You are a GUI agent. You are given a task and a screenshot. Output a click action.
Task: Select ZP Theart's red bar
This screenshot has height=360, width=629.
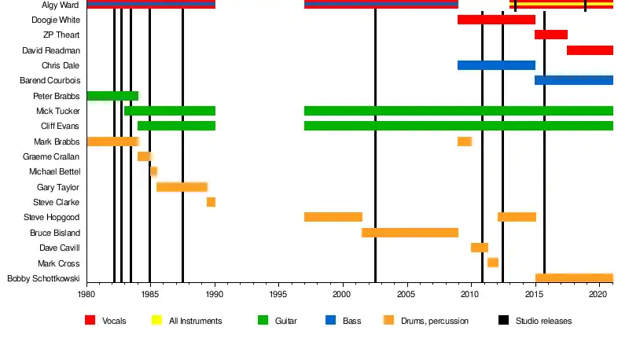click(x=550, y=35)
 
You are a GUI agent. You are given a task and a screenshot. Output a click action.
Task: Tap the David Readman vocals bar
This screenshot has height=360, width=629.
click(x=590, y=50)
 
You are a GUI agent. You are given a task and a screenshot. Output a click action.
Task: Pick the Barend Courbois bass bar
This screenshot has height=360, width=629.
click(x=574, y=80)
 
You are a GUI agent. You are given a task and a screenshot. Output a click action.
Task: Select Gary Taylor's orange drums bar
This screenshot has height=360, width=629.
click(x=182, y=187)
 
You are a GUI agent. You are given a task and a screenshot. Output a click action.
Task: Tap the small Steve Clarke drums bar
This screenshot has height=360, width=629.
click(x=211, y=202)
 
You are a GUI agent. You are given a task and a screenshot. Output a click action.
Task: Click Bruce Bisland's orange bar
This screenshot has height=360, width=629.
click(x=410, y=233)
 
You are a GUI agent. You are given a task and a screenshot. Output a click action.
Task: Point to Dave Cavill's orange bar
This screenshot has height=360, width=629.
click(x=480, y=248)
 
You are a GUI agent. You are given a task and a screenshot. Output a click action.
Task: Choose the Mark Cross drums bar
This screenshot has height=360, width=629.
click(x=493, y=263)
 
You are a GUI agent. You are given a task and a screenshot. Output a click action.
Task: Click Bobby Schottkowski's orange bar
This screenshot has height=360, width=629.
click(x=574, y=277)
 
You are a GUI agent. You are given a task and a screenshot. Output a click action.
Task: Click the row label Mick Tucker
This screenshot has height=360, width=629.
click(x=58, y=112)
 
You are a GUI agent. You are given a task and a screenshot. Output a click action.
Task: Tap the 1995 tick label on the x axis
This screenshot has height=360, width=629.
click(x=278, y=294)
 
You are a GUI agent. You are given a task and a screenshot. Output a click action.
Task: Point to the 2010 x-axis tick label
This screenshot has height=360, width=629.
click(x=470, y=294)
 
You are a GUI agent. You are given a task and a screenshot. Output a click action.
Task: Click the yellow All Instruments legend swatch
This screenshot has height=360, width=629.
click(x=156, y=321)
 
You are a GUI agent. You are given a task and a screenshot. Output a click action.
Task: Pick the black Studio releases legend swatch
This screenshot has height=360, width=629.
click(x=503, y=321)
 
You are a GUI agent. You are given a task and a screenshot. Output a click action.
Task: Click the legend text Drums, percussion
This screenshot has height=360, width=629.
click(x=434, y=321)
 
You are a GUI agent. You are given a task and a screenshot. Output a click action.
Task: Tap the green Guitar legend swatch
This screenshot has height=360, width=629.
click(x=263, y=321)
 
